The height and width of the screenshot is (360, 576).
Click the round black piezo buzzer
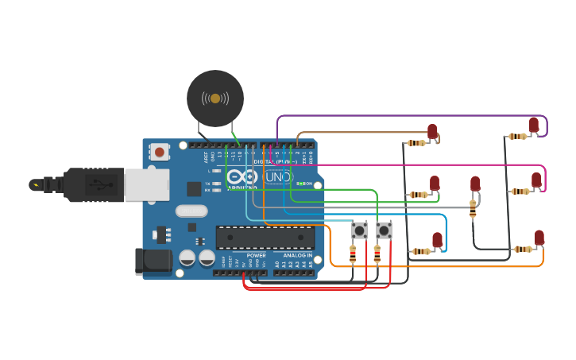point(215,98)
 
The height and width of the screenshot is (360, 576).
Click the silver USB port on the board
point(147,184)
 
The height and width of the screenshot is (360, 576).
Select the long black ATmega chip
point(265,237)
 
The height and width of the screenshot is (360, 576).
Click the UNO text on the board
point(278,177)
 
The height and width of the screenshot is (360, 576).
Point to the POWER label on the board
point(256,255)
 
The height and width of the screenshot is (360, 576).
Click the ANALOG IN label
point(298,255)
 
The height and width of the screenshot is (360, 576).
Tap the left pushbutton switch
point(359,230)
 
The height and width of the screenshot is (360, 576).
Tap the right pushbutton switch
point(384,230)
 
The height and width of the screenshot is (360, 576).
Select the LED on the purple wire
point(534,126)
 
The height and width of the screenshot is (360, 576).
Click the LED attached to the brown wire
point(432,132)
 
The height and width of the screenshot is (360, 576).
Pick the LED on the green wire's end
point(435,184)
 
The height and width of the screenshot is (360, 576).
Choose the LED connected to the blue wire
point(437,240)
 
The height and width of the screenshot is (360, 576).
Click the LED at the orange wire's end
point(539,238)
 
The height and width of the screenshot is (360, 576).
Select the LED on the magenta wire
point(536,181)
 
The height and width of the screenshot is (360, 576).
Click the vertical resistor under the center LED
point(473,209)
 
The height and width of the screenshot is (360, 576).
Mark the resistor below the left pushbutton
point(353,254)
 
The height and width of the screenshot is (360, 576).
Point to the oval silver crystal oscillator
point(191,211)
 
